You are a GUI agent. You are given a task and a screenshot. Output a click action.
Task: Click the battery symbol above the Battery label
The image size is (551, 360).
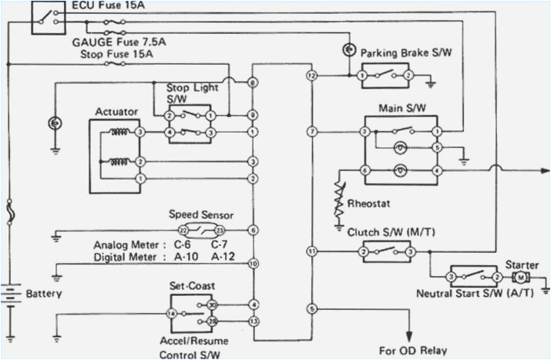[11, 294]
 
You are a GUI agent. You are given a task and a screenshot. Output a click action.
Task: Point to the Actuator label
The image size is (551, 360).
[116, 112]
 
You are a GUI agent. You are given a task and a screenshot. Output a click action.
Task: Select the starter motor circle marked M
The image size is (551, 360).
[520, 277]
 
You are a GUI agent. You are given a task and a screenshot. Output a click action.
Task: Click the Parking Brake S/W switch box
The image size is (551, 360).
[385, 76]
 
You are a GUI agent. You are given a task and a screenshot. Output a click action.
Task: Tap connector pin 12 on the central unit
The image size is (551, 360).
[311, 76]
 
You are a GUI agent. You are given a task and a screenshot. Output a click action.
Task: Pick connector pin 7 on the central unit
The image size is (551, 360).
[311, 133]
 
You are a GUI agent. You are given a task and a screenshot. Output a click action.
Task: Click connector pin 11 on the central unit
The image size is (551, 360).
[311, 251]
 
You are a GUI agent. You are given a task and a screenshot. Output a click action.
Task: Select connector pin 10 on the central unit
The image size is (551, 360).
[253, 264]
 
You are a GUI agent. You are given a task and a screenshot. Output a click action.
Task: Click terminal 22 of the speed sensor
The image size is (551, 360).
[183, 230]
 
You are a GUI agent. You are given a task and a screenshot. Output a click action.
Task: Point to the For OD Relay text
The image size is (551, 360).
[412, 350]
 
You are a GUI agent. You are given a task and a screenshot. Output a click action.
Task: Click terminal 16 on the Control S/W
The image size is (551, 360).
[172, 314]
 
